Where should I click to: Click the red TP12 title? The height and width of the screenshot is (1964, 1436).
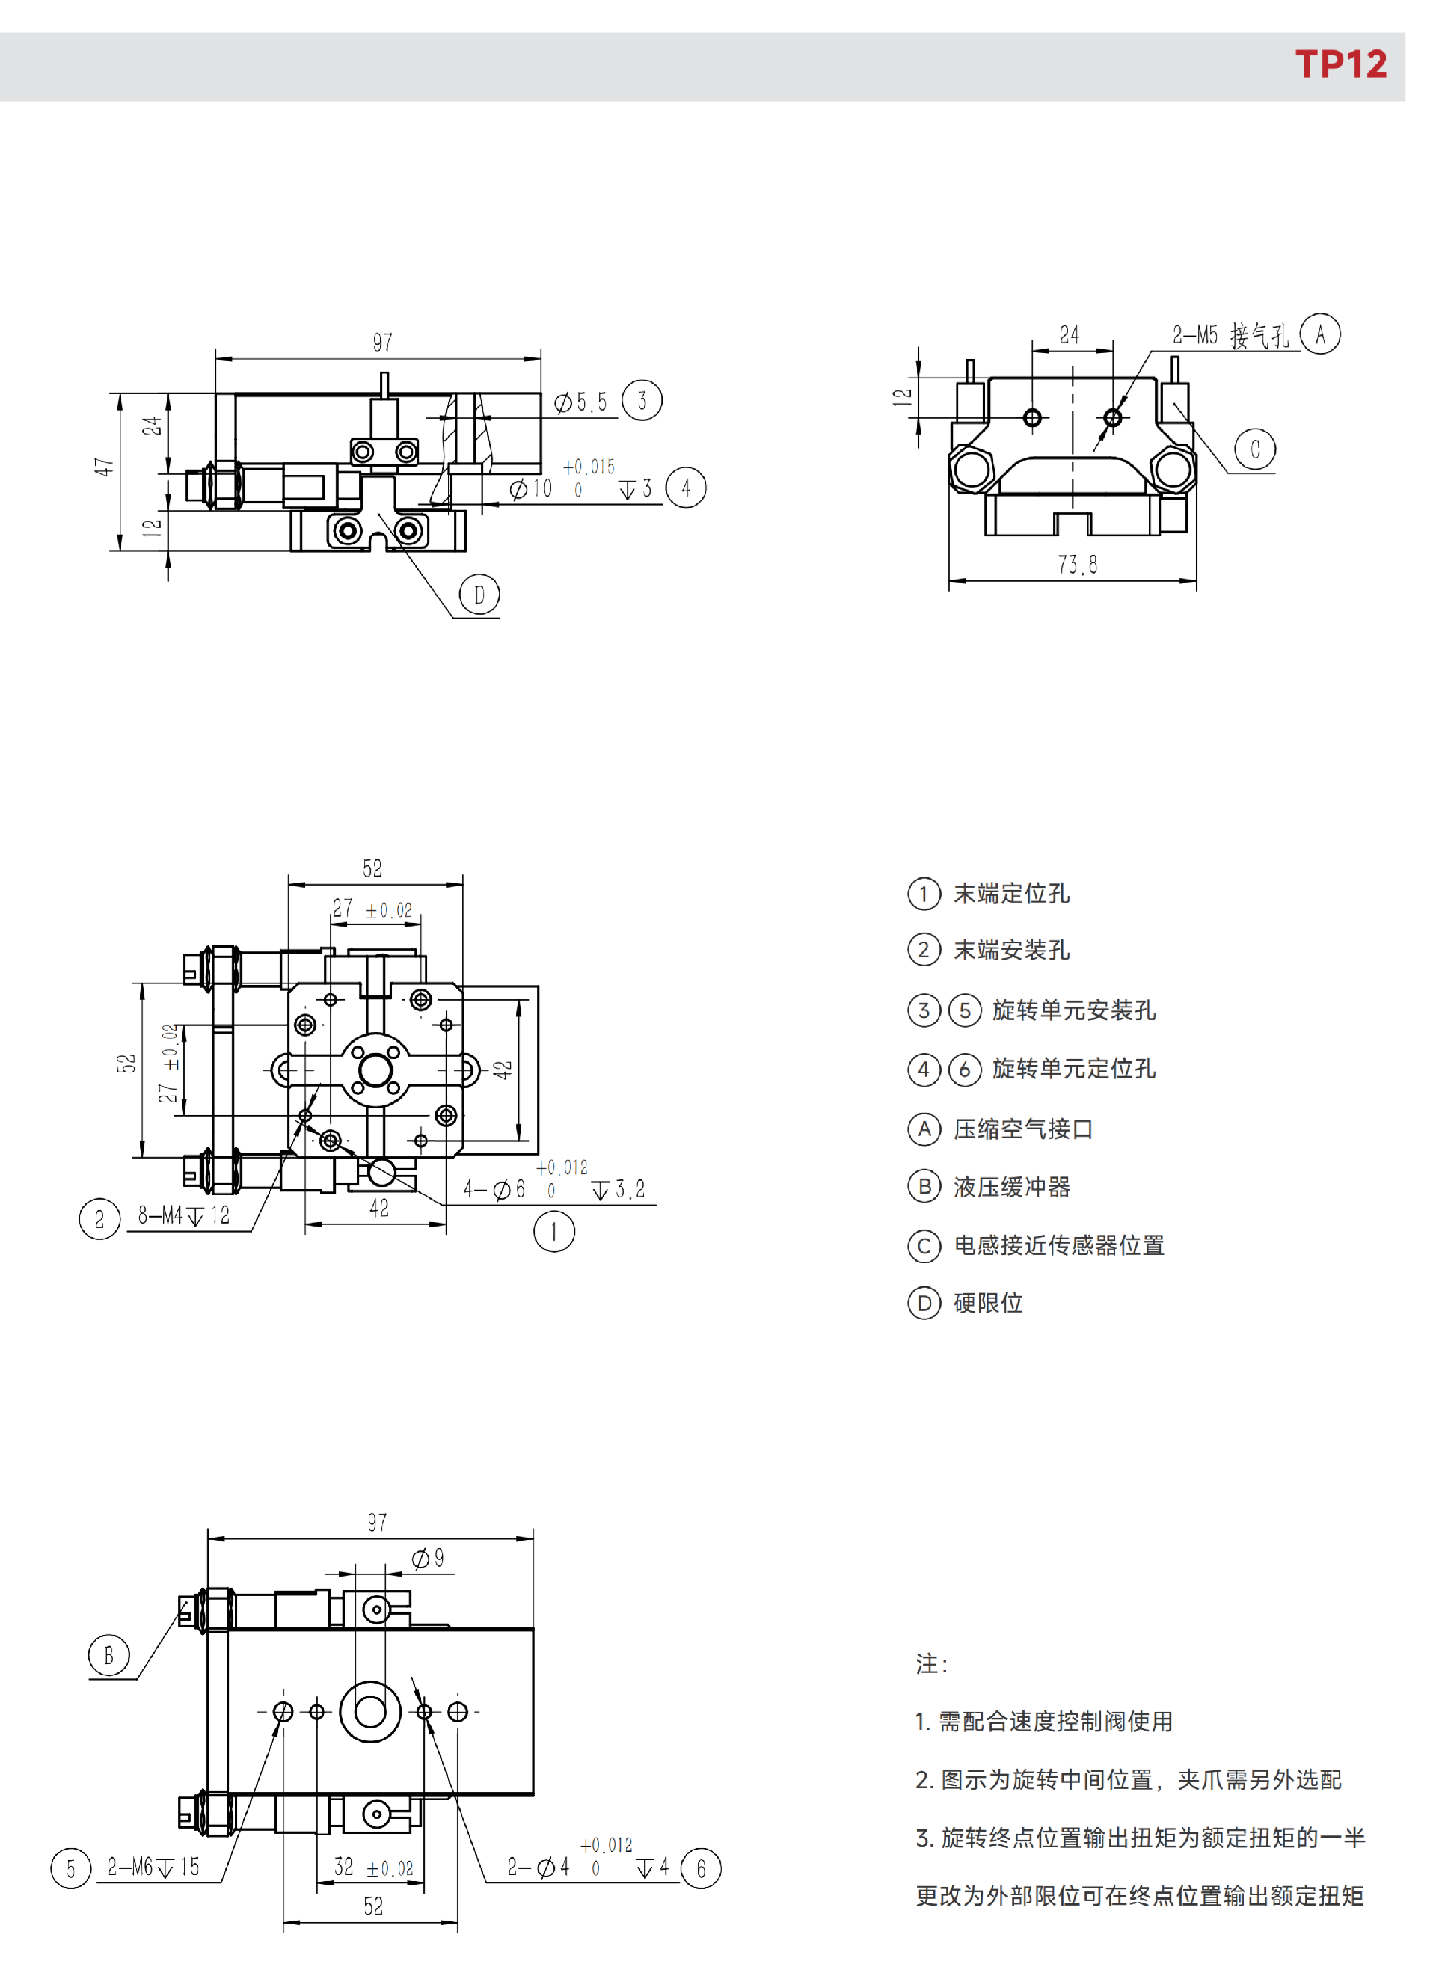[x=1340, y=64]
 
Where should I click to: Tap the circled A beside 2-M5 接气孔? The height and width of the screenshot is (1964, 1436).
[x=1319, y=334]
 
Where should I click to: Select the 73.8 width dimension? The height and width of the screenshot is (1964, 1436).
[x=1077, y=565]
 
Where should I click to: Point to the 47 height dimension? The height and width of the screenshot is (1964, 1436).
[x=103, y=467]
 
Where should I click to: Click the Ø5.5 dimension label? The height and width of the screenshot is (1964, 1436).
[x=580, y=402]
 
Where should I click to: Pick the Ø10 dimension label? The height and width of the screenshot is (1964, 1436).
[x=531, y=489]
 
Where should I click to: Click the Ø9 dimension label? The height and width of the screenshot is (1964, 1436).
[x=428, y=1558]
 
